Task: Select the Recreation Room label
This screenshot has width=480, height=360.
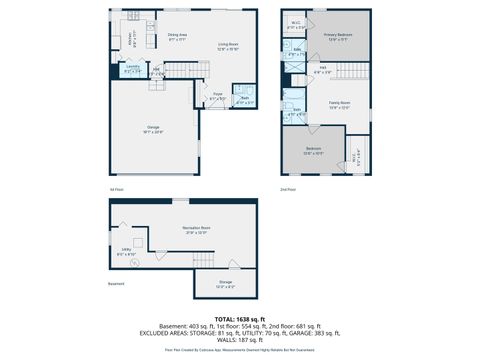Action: [195, 229]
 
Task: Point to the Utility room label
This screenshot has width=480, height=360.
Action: [127, 251]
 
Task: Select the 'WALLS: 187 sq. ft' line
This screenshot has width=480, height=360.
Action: [239, 340]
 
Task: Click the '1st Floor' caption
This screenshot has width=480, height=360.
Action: [116, 188]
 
